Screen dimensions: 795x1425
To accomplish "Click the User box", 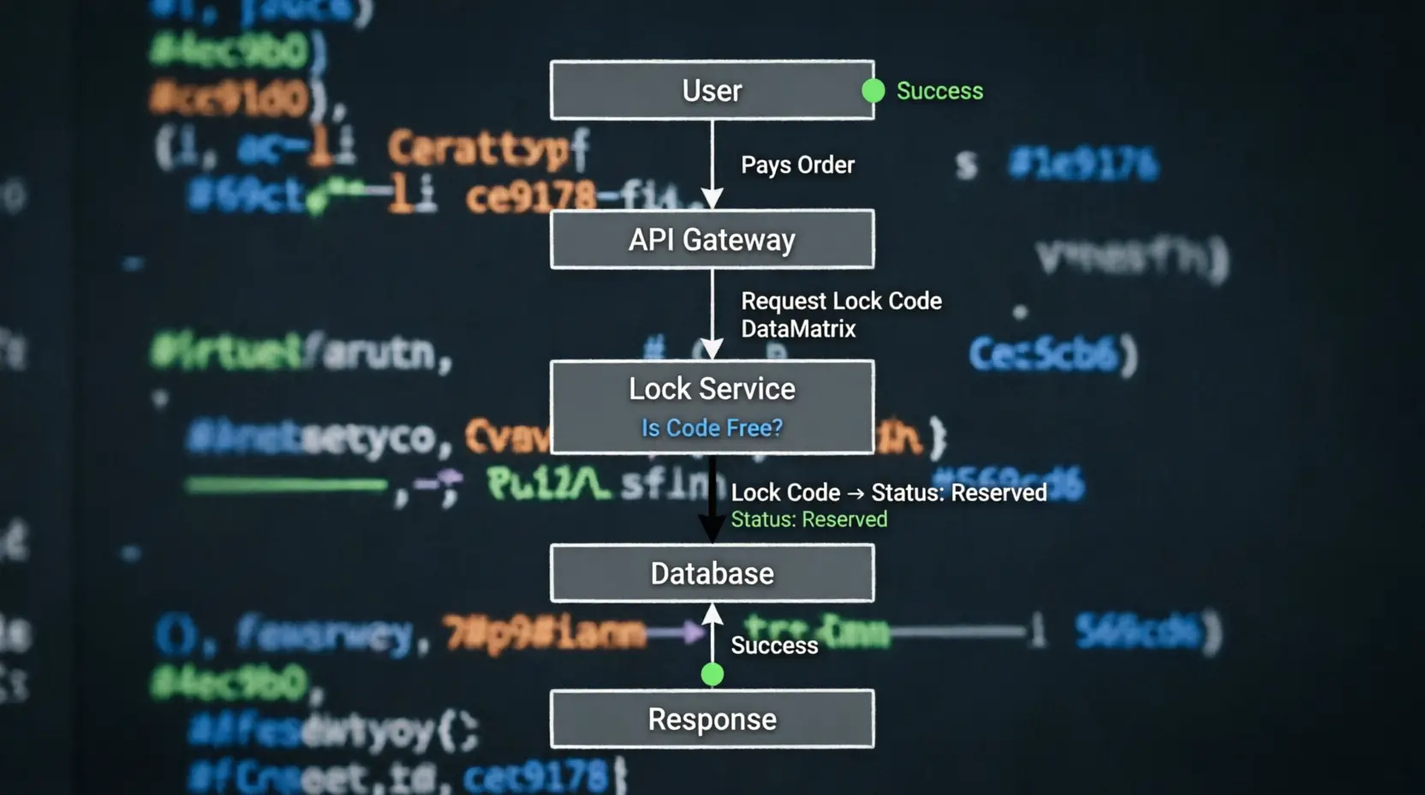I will pos(712,90).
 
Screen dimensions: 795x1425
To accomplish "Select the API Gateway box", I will pos(712,239).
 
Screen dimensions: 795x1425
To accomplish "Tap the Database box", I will pos(712,573).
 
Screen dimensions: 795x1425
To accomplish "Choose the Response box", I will pos(712,720).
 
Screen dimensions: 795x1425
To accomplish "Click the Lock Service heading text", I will pos(712,389).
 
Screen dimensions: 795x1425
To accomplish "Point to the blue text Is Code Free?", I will pos(712,427).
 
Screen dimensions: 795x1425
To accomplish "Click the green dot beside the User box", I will pos(873,90).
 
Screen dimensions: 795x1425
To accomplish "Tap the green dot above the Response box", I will pos(712,675).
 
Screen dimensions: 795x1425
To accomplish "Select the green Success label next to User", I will pos(939,91).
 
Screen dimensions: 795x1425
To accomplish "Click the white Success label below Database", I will pos(774,645).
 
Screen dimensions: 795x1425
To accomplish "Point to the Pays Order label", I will pos(797,164).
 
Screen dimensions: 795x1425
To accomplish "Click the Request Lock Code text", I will pos(841,301).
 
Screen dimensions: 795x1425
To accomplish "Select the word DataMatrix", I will pos(798,329).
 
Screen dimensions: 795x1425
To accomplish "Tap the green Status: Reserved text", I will pos(808,519).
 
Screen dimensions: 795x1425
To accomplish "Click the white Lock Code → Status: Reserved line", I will pos(888,493).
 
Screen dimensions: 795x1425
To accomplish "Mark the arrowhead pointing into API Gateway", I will pos(712,200).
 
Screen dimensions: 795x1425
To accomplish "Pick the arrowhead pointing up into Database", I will pos(712,613).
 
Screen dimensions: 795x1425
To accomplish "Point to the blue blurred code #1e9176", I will pos(1083,164).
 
